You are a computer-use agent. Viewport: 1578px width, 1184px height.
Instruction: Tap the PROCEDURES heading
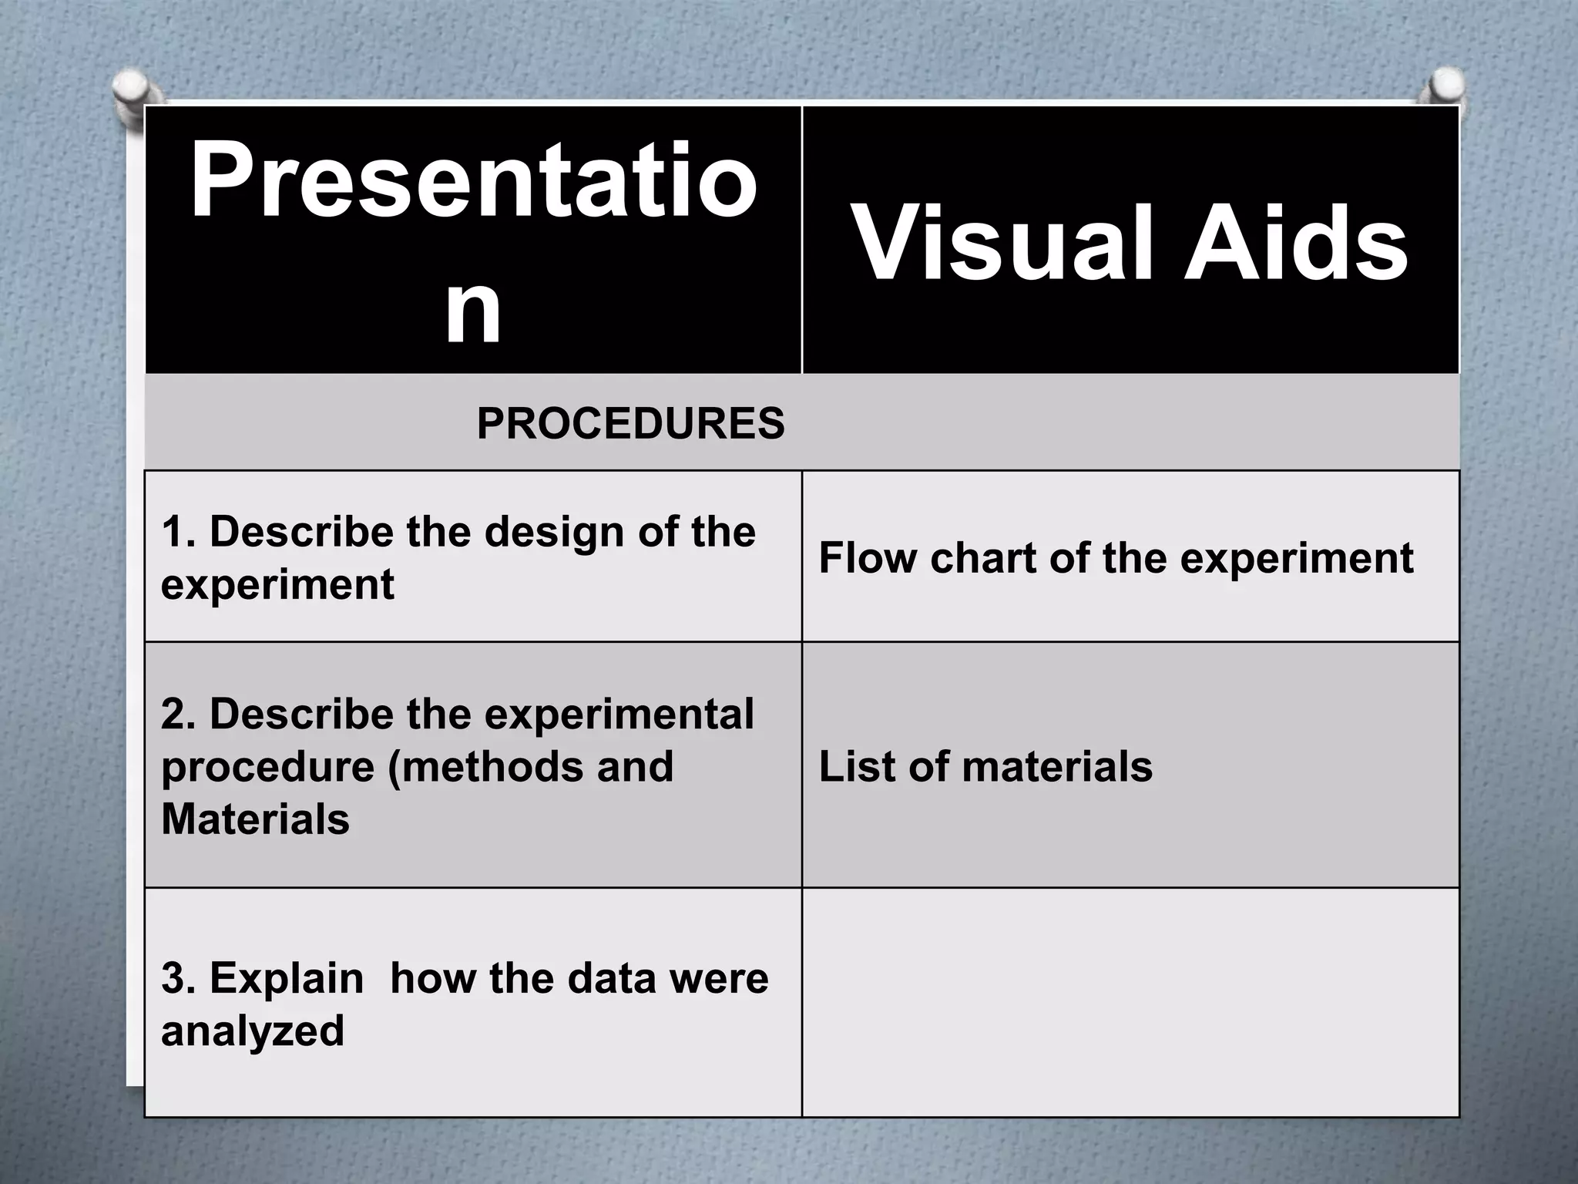pyautogui.click(x=630, y=423)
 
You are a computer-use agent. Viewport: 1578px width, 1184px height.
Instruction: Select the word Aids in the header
pyautogui.click(x=1295, y=243)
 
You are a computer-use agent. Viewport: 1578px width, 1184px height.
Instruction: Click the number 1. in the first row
pyautogui.click(x=178, y=533)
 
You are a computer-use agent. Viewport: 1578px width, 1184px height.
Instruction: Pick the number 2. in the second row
pyautogui.click(x=178, y=715)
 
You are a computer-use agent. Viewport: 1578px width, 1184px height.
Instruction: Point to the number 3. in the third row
pyautogui.click(x=178, y=979)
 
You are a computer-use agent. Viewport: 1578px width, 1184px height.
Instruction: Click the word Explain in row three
pyautogui.click(x=286, y=979)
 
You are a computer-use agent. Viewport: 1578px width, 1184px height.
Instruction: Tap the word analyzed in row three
pyautogui.click(x=252, y=1031)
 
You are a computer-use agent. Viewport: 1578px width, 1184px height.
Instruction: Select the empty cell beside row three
pyautogui.click(x=1130, y=1002)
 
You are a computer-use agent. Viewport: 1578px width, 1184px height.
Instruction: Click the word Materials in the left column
pyautogui.click(x=255, y=819)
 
